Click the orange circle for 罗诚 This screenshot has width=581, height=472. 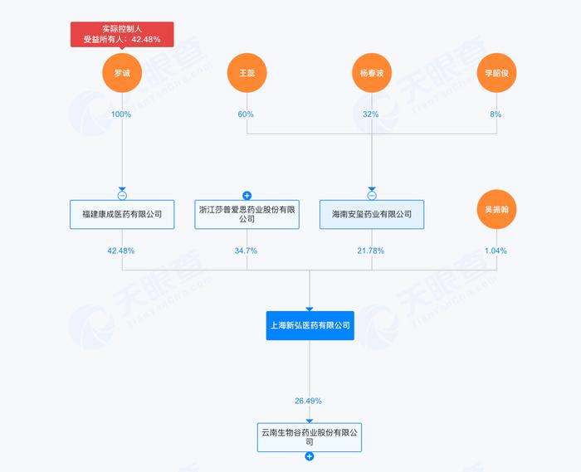click(x=122, y=73)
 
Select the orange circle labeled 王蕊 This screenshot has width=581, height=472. click(x=247, y=73)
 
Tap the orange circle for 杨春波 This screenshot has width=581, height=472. click(x=372, y=73)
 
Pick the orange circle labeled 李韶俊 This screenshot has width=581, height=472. click(x=496, y=73)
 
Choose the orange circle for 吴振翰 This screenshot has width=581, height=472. click(x=496, y=210)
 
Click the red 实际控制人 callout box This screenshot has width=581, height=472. click(x=122, y=35)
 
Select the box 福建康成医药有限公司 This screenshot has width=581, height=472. click(x=122, y=214)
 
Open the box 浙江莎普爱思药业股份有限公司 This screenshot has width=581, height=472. click(x=247, y=214)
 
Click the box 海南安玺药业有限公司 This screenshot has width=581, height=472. click(x=372, y=214)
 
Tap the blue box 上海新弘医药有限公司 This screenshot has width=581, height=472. click(x=310, y=325)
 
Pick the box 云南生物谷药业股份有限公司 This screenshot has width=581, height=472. click(x=310, y=437)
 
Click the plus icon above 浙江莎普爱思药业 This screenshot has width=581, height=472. click(x=247, y=196)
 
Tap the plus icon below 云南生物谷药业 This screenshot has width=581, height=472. click(x=310, y=456)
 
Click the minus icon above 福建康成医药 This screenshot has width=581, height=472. click(x=122, y=196)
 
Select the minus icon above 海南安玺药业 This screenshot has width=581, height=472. click(x=372, y=196)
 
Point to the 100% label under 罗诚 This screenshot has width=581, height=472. click(x=121, y=114)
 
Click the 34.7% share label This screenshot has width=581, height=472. click(x=246, y=251)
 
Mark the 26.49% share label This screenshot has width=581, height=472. click(x=308, y=401)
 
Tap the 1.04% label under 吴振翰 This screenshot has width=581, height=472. click(x=496, y=251)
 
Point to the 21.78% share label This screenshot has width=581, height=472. click(x=370, y=251)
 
